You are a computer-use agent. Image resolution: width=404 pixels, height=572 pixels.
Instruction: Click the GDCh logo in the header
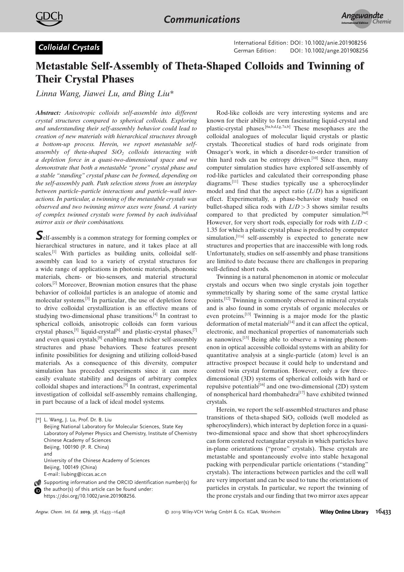click(49, 19)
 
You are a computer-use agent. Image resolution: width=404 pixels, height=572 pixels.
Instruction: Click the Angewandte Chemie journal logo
click(366, 19)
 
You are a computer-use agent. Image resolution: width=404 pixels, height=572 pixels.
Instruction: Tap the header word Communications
click(202, 20)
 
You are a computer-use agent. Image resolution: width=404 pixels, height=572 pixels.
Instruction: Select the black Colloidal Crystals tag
click(69, 48)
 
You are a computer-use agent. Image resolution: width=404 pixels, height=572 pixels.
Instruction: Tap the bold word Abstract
click(48, 113)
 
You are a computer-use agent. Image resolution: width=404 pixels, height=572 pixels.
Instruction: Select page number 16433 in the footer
click(383, 512)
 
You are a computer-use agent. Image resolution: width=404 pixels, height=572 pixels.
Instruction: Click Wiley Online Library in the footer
click(344, 512)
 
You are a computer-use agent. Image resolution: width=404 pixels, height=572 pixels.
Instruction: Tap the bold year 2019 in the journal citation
click(86, 512)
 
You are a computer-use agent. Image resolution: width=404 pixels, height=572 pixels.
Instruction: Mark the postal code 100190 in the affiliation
click(70, 447)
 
